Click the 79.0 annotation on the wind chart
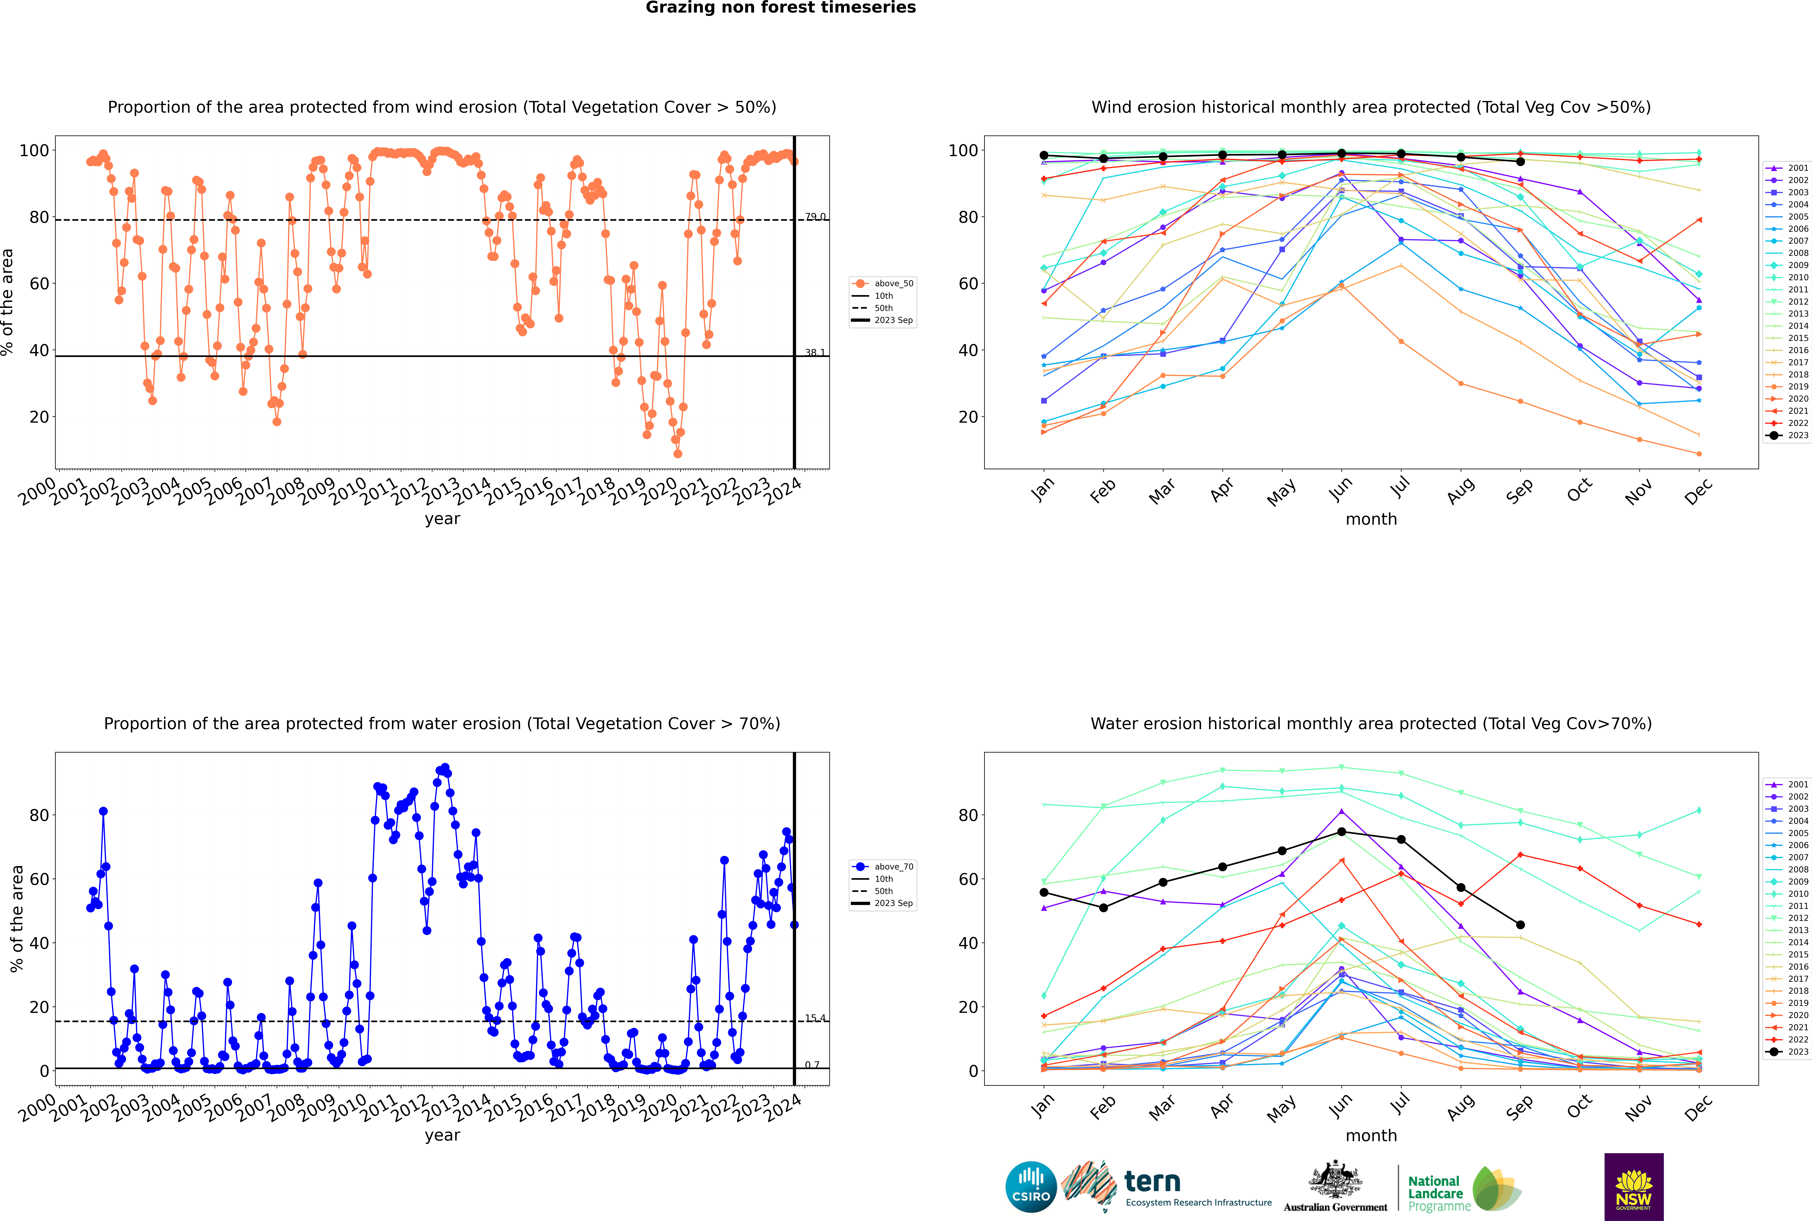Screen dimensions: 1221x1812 click(x=815, y=216)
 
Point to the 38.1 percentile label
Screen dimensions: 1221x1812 click(x=815, y=353)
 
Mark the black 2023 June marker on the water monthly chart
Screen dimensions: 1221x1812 click(x=1341, y=832)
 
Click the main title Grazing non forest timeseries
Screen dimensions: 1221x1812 click(x=781, y=8)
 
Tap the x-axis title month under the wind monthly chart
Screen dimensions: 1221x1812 click(x=1371, y=519)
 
